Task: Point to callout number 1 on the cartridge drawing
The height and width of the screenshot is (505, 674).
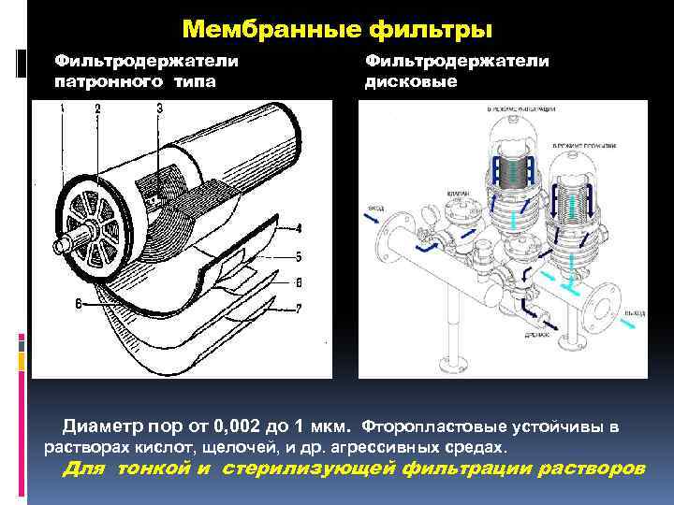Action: tap(62, 109)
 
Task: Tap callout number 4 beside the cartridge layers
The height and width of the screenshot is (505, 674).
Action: tap(298, 227)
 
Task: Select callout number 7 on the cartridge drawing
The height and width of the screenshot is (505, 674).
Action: tap(298, 308)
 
